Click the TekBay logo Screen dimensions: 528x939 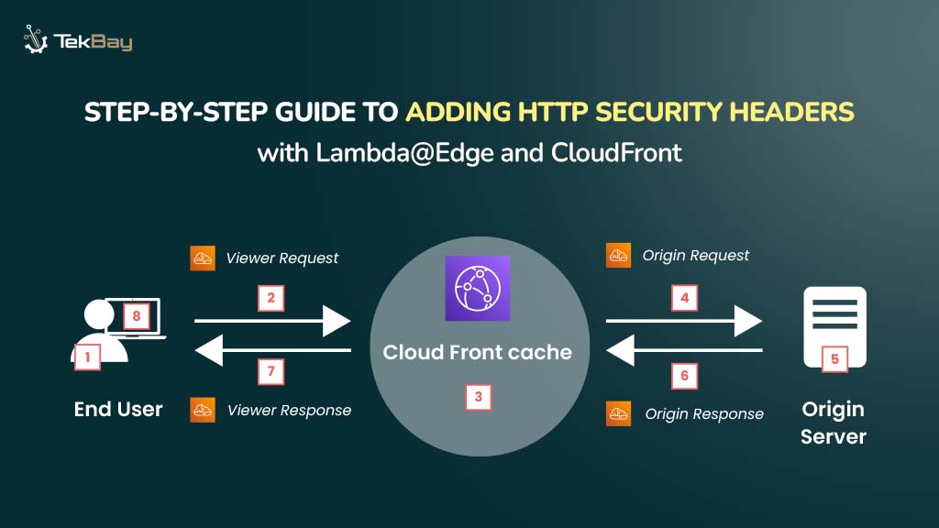point(78,41)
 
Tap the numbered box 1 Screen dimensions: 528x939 point(87,356)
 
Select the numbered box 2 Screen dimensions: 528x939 point(271,297)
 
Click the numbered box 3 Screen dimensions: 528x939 point(478,397)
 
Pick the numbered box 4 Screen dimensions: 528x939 point(684,297)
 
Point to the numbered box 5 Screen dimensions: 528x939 point(834,358)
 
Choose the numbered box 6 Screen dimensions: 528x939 point(684,375)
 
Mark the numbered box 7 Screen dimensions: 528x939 point(271,371)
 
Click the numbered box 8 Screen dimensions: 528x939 point(136,316)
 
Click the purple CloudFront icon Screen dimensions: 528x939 point(477,288)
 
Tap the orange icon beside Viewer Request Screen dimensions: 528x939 point(203,258)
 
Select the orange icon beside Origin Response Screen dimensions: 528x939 point(619,413)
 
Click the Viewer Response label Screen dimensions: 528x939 point(289,410)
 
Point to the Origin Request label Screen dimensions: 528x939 point(696,255)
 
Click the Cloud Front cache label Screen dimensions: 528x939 point(477,352)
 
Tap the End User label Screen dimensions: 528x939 point(118,409)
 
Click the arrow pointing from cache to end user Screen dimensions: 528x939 point(272,349)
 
